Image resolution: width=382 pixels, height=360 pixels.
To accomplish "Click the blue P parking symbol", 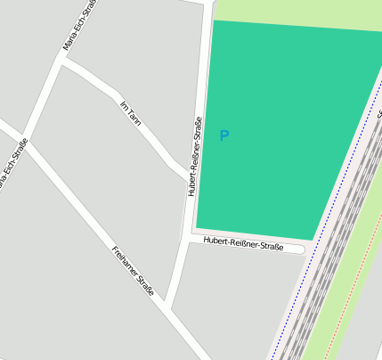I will coord(224,135).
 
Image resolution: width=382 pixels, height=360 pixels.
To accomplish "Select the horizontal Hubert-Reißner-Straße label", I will coord(243,242).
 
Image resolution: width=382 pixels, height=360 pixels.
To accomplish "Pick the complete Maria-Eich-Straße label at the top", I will coord(78,27).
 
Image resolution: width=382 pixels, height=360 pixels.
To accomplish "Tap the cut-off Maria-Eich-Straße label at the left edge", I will coord(12,165).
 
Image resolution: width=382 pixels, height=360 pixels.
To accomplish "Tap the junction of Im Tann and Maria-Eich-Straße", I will coord(62,61).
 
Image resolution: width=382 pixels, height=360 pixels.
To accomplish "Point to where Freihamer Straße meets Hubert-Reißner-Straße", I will coord(168,308).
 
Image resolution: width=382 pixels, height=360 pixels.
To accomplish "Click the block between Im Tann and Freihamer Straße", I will coord(116,178).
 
